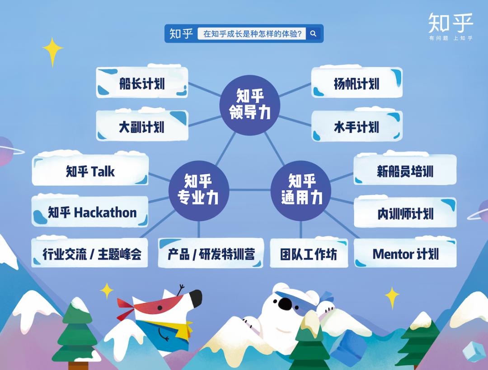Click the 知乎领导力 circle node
coord(250,105)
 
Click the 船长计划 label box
coord(142,83)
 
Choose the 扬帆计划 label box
coord(357,83)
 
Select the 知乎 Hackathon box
coord(90,212)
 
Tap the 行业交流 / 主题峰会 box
coord(90,254)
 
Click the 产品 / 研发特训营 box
coord(211,254)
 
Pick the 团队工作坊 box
coord(309,254)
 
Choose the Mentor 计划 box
coord(405,254)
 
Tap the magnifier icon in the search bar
coord(314,33)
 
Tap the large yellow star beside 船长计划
coord(53,51)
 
